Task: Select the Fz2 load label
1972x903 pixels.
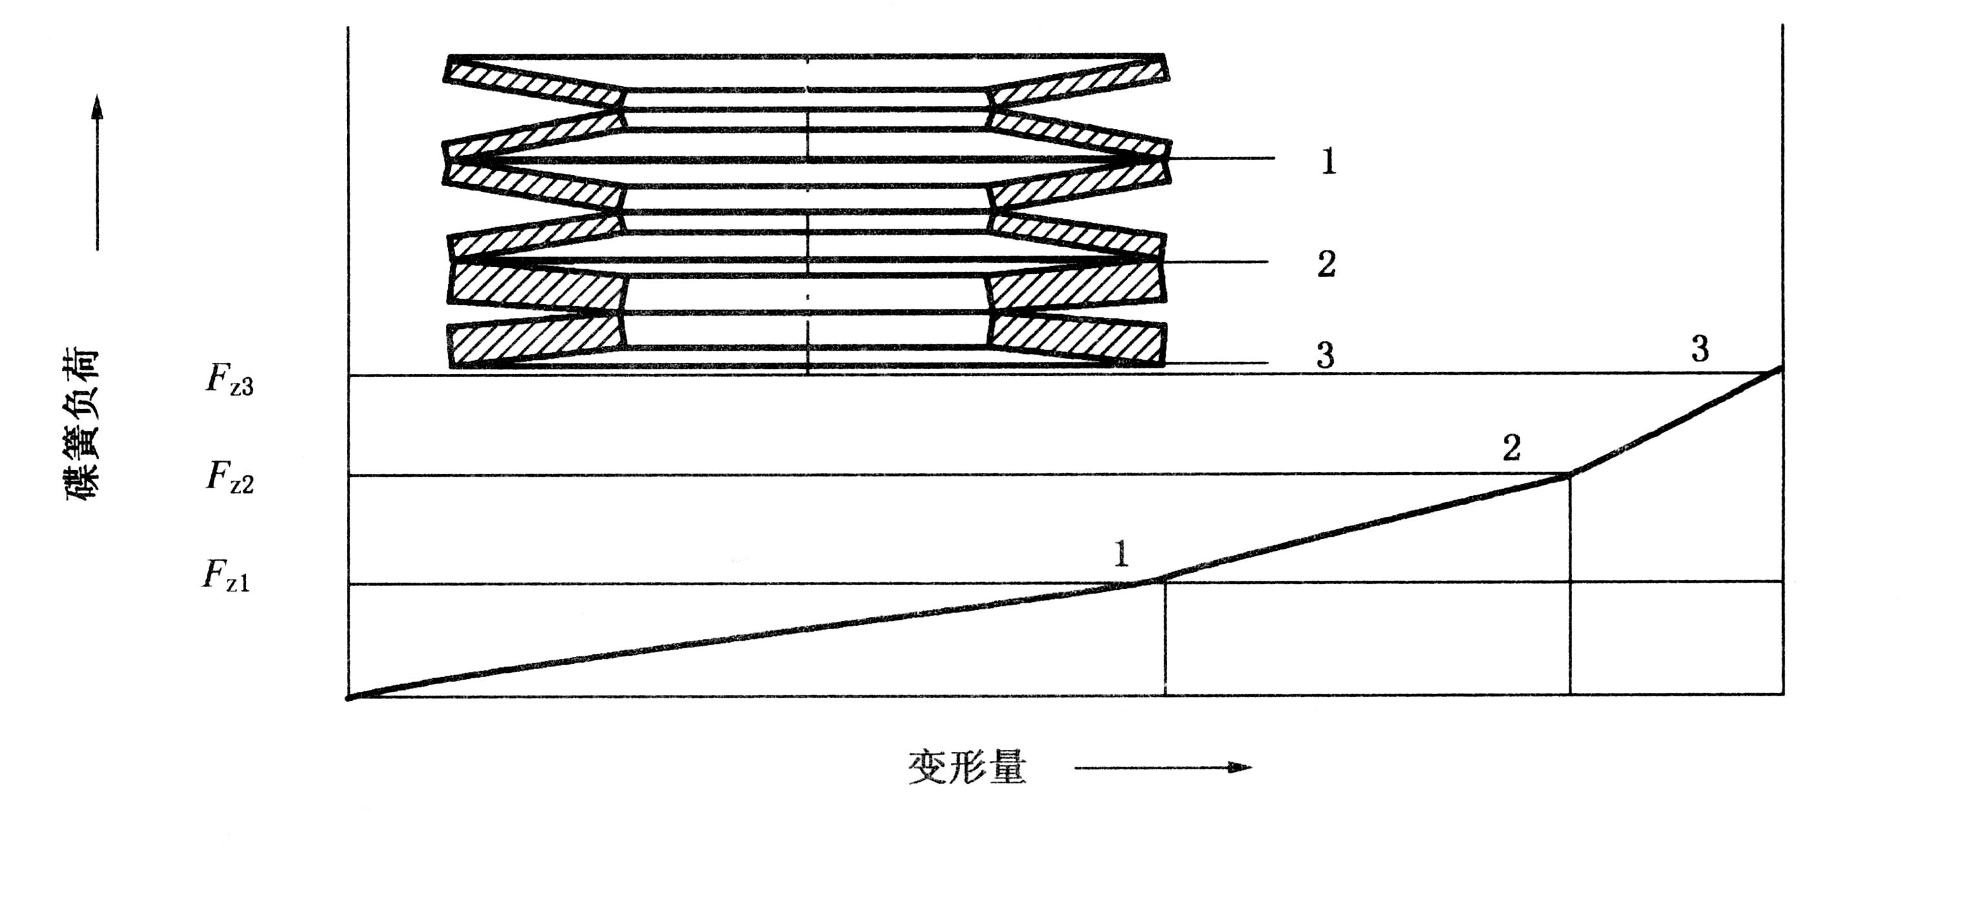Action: point(229,478)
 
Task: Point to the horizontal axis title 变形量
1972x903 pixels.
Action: point(967,767)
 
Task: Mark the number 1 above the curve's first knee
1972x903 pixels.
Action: point(1121,554)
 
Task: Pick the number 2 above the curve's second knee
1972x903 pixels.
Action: point(1511,448)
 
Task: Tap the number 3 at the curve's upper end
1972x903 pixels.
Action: point(1699,349)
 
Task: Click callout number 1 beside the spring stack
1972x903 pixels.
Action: point(1328,161)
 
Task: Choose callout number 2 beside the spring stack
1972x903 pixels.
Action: point(1327,264)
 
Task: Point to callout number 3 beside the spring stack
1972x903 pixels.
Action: point(1325,355)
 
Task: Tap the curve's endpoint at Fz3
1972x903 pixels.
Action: point(1782,369)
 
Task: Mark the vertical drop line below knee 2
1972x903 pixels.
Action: point(1570,589)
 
